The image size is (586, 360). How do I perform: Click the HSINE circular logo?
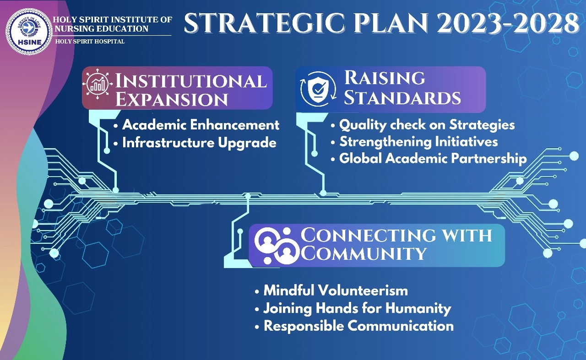[x=29, y=32]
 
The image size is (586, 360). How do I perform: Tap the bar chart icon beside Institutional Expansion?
[x=98, y=84]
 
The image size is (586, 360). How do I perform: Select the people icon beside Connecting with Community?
[x=276, y=246]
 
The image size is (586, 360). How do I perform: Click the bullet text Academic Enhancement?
[x=201, y=125]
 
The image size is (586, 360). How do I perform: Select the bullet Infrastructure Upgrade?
[x=199, y=143]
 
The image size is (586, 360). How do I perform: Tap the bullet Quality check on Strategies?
[x=427, y=125]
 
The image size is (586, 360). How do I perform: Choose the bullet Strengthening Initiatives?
[x=418, y=142]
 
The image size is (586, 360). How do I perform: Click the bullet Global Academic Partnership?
[x=433, y=158]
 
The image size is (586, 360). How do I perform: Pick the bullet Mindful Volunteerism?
[x=336, y=290]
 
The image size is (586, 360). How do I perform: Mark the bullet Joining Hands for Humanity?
[x=358, y=308]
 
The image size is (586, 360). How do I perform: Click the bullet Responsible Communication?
[x=358, y=326]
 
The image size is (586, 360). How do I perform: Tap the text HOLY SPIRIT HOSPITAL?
[x=90, y=41]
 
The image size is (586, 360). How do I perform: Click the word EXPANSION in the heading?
[x=172, y=99]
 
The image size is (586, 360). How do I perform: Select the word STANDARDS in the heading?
[x=402, y=97]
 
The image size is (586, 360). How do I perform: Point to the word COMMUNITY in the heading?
[x=364, y=253]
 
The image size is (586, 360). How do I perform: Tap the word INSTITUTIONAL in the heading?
[x=191, y=81]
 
